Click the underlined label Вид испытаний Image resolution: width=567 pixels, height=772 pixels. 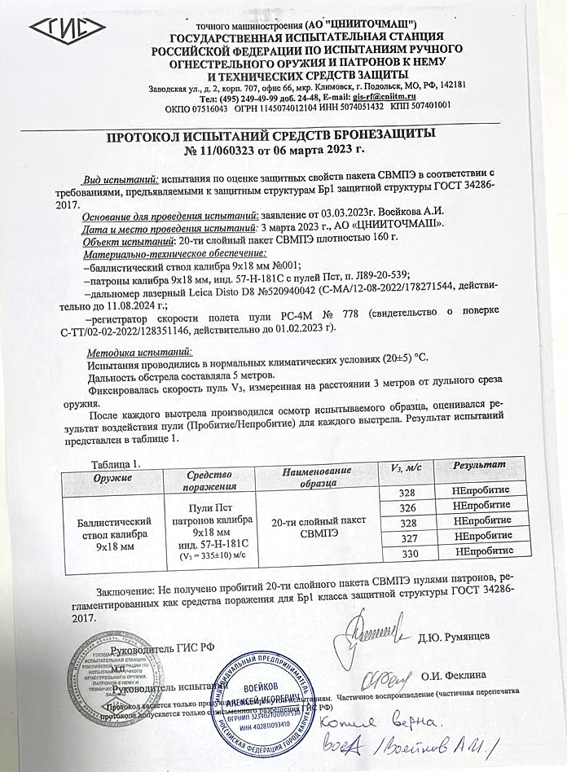pyautogui.click(x=121, y=179)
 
